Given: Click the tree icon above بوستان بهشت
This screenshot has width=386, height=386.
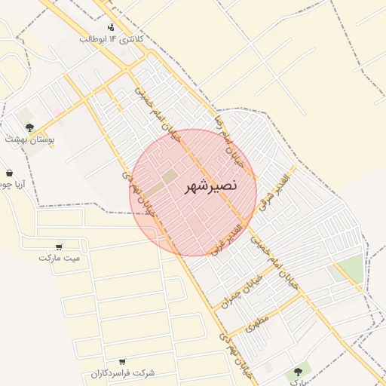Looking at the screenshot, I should (x=29, y=128).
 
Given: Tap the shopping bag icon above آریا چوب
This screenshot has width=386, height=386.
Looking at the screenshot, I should (x=8, y=173).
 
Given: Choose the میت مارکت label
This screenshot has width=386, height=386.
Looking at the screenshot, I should (x=60, y=257).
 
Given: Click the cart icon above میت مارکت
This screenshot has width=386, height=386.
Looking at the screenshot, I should (x=60, y=247).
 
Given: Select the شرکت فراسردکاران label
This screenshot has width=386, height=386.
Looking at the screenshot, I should (x=123, y=373).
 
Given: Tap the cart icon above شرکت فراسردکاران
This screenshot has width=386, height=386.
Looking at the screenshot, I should (x=122, y=362).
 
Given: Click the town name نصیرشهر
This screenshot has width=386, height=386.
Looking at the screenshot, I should (x=211, y=185).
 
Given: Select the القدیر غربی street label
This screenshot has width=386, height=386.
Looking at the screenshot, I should (x=228, y=237).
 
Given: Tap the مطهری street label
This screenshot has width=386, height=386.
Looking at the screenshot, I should (x=257, y=325).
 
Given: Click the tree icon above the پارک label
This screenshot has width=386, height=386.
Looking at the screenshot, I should (x=298, y=372).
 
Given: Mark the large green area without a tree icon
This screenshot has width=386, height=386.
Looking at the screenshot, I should (x=349, y=268).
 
